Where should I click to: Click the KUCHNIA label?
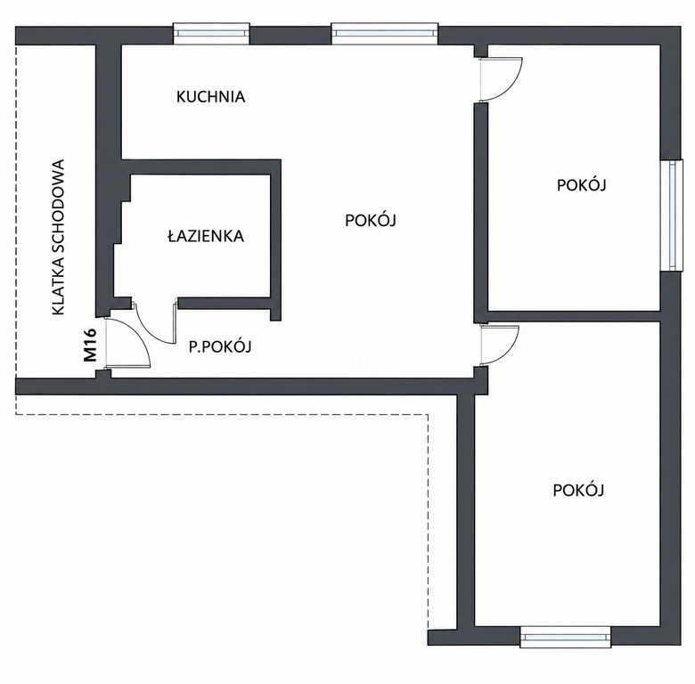[x=210, y=96]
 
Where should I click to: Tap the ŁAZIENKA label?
[x=206, y=236]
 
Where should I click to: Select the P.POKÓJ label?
[x=220, y=346]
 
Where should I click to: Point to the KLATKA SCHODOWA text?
[x=58, y=238]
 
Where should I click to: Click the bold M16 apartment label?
[x=90, y=345]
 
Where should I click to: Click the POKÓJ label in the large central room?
[x=370, y=219]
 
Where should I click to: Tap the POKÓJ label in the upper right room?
[x=581, y=184]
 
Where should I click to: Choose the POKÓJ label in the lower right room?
[x=578, y=490]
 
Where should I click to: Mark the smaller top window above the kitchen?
[x=211, y=33]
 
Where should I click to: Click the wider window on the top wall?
[x=385, y=33]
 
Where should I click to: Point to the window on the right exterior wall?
[x=671, y=216]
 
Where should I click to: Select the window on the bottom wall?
[x=565, y=637]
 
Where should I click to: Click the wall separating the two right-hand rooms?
[x=574, y=316]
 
